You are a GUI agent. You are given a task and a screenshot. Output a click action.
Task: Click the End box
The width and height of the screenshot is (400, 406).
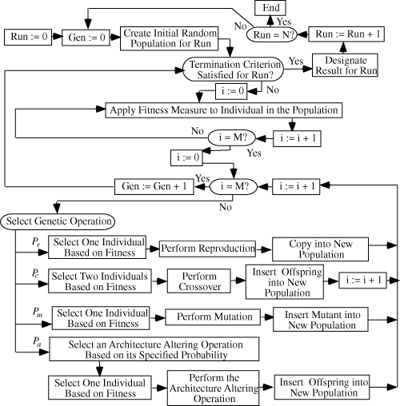coord(270,8)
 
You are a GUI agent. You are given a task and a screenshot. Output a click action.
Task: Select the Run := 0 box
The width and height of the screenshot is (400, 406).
coord(28,37)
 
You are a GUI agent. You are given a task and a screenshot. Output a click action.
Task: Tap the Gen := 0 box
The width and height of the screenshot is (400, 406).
coord(86,38)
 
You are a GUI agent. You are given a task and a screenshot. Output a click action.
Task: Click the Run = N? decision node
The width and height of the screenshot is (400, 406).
coord(272,34)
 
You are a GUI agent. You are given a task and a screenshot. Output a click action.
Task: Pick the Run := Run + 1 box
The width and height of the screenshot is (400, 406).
coord(346,34)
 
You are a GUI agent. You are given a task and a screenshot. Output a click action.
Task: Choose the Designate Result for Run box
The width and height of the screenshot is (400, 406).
coord(345,66)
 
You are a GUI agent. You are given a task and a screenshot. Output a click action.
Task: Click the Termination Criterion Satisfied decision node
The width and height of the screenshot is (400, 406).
coord(233,70)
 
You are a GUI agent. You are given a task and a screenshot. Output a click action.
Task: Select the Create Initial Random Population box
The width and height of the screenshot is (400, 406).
coord(170,38)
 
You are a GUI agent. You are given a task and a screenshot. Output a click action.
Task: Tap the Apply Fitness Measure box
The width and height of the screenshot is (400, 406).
coord(224,110)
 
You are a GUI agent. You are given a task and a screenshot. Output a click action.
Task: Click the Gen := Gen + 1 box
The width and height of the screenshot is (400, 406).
coord(154,186)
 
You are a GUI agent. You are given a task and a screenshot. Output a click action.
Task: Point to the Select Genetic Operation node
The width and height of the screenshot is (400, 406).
coord(58,221)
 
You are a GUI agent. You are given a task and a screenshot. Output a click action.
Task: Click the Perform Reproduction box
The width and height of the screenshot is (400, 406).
coord(207,249)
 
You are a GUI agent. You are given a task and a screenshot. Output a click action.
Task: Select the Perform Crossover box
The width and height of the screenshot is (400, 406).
coord(199,281)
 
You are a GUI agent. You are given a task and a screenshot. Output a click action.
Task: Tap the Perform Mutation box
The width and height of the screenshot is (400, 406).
coord(213,317)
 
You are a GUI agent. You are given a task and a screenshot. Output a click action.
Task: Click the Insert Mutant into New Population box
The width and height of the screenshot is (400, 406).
coord(321,320)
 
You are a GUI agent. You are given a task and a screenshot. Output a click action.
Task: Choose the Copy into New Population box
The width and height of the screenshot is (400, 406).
coord(321,249)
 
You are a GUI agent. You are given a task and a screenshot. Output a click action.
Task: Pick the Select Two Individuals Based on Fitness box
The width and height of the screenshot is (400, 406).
coord(100,281)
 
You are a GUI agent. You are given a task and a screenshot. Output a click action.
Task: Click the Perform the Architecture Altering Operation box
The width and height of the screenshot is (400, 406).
coord(213,388)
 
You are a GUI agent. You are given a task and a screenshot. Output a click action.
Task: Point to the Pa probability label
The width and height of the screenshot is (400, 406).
coord(37,342)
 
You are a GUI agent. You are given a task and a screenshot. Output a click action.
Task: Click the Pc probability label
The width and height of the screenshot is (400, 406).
coord(35,273)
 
